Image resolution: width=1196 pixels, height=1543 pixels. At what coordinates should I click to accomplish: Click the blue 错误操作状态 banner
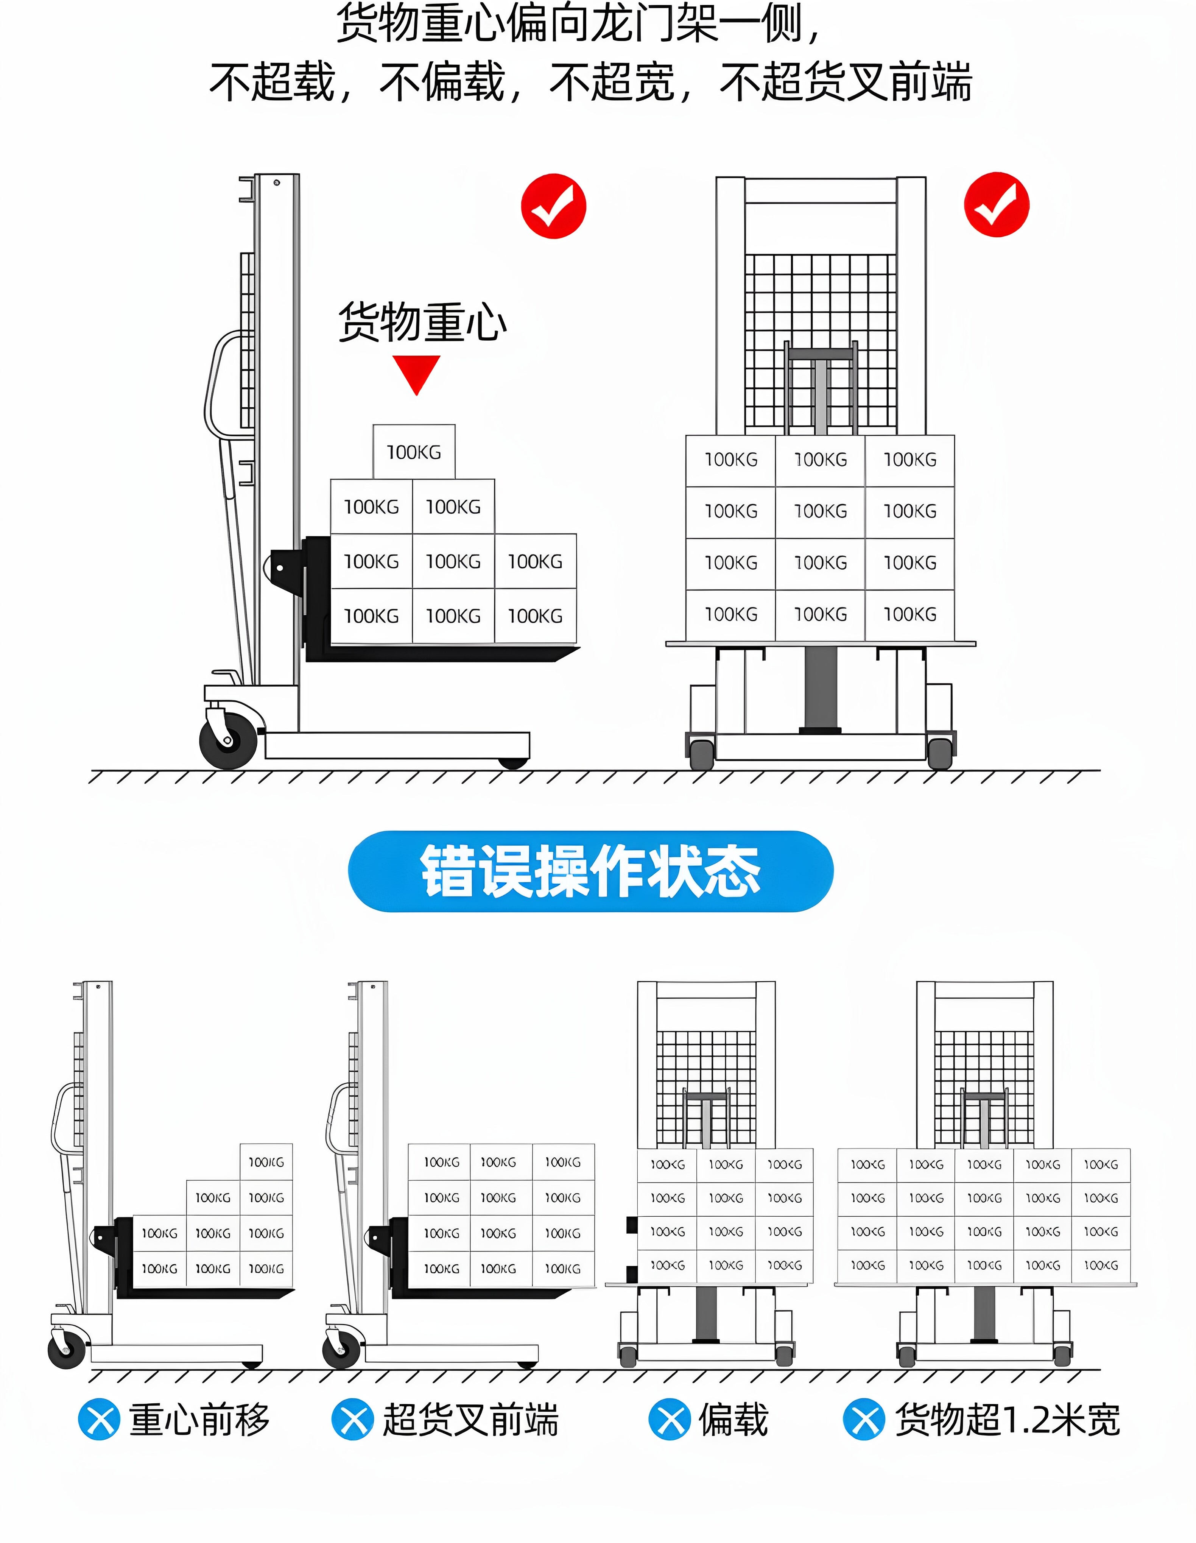pyautogui.click(x=590, y=871)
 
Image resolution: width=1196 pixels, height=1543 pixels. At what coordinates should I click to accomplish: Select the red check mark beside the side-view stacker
pyautogui.click(x=553, y=206)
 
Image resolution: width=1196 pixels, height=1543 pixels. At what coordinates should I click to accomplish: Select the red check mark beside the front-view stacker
pyautogui.click(x=996, y=204)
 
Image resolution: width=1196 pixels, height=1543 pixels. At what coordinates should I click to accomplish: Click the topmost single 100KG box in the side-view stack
pyautogui.click(x=414, y=452)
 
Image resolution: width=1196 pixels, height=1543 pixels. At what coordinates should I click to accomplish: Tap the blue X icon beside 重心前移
pyautogui.click(x=99, y=1419)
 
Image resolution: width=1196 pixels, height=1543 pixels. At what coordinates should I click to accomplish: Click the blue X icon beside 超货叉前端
pyautogui.click(x=352, y=1419)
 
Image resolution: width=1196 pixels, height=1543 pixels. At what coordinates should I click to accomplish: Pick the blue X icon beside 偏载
pyautogui.click(x=669, y=1419)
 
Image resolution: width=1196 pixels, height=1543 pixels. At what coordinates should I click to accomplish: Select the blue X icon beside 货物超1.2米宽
pyautogui.click(x=863, y=1419)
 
